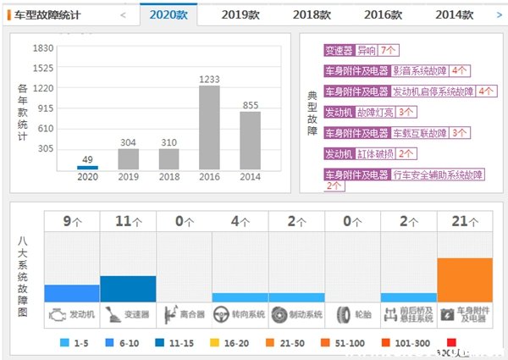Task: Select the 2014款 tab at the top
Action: click(x=459, y=14)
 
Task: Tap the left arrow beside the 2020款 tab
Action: click(x=124, y=14)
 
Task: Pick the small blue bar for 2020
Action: click(x=87, y=168)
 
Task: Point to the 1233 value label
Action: click(x=209, y=80)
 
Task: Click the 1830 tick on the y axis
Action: click(x=42, y=48)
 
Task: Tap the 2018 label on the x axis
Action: click(x=168, y=177)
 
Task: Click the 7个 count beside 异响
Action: click(x=389, y=51)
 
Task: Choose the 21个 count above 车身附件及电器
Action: click(x=464, y=221)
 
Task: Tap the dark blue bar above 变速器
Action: click(x=128, y=289)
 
